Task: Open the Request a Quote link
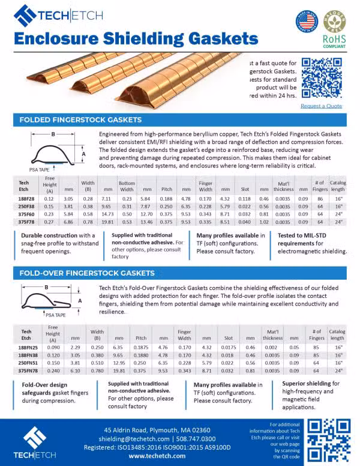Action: click(321, 106)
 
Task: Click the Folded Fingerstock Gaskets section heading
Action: click(79, 120)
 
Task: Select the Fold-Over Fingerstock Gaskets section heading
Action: click(87, 273)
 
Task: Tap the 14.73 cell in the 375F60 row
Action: click(107, 213)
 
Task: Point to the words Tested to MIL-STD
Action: click(302, 235)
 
